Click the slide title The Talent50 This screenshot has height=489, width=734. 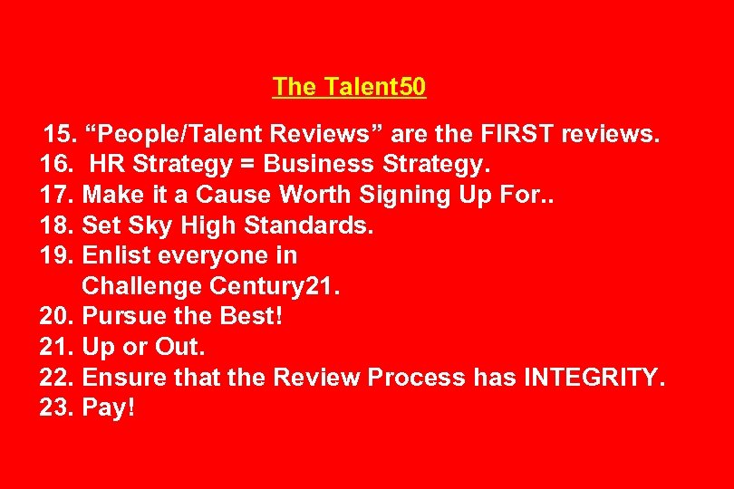click(x=350, y=87)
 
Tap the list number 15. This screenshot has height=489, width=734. click(x=62, y=135)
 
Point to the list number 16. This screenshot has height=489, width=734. click(x=57, y=165)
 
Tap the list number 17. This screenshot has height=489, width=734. click(x=57, y=196)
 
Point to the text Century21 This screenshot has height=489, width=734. click(x=273, y=286)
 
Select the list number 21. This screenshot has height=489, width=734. click(x=57, y=347)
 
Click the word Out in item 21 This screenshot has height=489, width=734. click(x=180, y=347)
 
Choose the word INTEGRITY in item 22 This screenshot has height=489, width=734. click(x=594, y=378)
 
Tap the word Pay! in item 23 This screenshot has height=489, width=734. click(x=108, y=408)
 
